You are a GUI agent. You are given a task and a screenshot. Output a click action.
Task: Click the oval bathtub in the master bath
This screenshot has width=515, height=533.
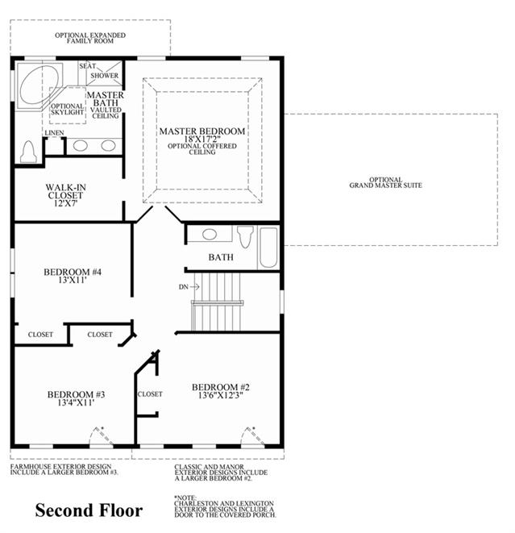point(39,85)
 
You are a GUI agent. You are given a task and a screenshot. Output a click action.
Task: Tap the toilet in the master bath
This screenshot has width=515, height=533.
point(28,152)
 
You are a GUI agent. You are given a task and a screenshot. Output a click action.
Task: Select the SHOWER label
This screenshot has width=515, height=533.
point(104,76)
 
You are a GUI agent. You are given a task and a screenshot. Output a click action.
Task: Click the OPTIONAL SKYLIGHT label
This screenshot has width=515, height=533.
point(67,109)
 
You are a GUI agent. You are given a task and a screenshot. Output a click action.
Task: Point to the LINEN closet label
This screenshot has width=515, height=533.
point(54,132)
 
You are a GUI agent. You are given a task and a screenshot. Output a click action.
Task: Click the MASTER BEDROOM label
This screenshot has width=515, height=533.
point(202,131)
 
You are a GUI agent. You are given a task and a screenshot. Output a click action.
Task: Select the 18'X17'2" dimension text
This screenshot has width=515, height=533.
point(202,139)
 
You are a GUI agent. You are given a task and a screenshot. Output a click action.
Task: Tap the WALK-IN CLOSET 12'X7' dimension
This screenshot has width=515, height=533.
point(65,204)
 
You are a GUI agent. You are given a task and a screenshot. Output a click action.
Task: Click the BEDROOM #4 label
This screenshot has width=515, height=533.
point(73,272)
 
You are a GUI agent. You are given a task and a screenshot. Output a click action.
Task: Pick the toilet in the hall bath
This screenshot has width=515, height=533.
point(245,236)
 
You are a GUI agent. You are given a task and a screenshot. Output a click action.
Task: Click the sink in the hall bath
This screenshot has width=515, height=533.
point(210,234)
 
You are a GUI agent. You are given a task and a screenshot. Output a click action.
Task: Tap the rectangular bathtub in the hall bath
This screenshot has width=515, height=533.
point(268,248)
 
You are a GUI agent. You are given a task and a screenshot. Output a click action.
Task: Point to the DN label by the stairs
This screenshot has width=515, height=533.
point(184,287)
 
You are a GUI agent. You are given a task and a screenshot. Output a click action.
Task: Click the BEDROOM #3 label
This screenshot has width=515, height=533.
point(76,394)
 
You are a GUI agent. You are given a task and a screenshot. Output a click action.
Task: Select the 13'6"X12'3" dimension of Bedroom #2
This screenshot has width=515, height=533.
point(221,395)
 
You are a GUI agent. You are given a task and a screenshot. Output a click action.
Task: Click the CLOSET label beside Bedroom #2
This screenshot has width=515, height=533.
point(150,394)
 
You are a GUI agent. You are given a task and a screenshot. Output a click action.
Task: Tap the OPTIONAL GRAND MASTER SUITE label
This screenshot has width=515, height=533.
point(385,182)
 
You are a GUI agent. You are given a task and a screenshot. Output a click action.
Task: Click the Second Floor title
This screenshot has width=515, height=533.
point(89,510)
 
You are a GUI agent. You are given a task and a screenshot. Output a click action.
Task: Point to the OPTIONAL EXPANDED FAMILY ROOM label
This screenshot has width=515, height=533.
point(90,38)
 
